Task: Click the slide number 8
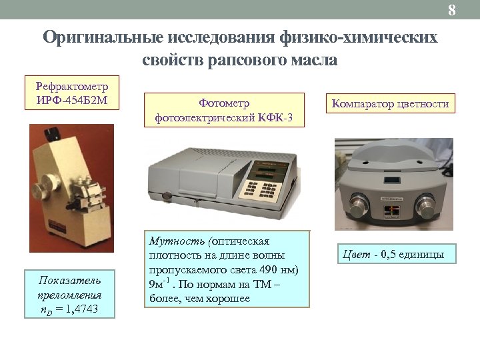click(451, 10)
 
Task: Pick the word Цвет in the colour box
click(357, 254)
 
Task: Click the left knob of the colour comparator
click(356, 203)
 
